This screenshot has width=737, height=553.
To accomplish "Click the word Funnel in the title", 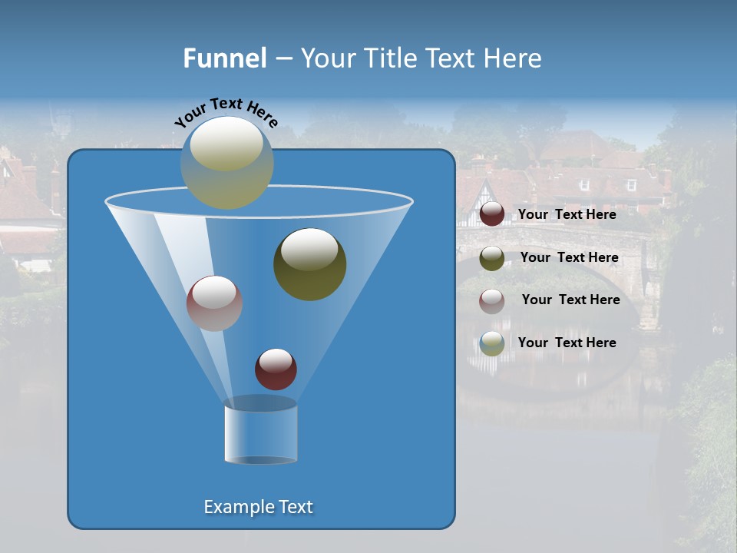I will click(225, 58).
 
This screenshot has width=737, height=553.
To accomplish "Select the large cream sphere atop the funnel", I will click(226, 162).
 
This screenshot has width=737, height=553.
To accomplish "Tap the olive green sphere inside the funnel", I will click(309, 264).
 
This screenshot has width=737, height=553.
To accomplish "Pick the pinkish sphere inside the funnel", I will click(214, 303).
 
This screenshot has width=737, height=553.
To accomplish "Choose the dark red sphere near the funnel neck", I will click(276, 369).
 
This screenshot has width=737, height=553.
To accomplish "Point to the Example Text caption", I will click(258, 507).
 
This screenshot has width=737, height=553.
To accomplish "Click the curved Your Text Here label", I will click(226, 112).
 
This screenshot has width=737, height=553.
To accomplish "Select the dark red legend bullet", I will click(491, 214).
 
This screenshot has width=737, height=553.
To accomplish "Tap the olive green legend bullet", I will click(491, 258).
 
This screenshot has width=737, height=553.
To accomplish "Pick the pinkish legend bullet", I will click(491, 300).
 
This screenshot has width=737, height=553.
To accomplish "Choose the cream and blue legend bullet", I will click(491, 343).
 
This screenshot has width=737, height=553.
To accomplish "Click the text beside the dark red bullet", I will click(567, 214).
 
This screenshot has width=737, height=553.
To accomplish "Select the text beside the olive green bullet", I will click(569, 257).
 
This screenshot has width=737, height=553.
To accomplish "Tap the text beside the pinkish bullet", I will click(570, 300).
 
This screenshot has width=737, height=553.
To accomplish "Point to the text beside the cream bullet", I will click(567, 343).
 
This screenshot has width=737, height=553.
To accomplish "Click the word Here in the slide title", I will click(514, 58).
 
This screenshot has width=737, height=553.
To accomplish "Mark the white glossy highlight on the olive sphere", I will click(309, 250).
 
